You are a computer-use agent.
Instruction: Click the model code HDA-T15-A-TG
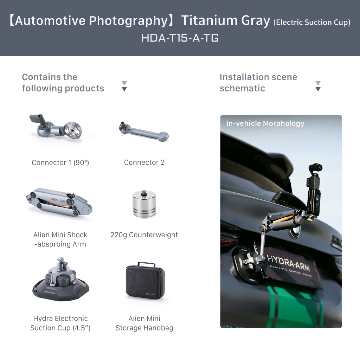180,38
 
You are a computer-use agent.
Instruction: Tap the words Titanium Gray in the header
226,21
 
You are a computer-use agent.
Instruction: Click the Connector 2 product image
144,132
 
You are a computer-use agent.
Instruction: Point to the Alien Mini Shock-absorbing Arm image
59,202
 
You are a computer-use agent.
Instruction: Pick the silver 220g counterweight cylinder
144,204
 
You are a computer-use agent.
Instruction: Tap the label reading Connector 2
144,162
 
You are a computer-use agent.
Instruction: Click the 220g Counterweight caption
144,234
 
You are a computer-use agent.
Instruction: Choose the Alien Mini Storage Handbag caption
144,323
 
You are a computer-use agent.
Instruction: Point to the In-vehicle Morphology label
265,123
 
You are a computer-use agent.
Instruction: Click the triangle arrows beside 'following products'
124,86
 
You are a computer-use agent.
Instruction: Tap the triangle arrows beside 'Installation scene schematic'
318,86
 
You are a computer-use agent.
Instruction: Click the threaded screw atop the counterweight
144,192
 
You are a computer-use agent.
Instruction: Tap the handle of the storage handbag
146,264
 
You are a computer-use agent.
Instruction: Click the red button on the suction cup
49,280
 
